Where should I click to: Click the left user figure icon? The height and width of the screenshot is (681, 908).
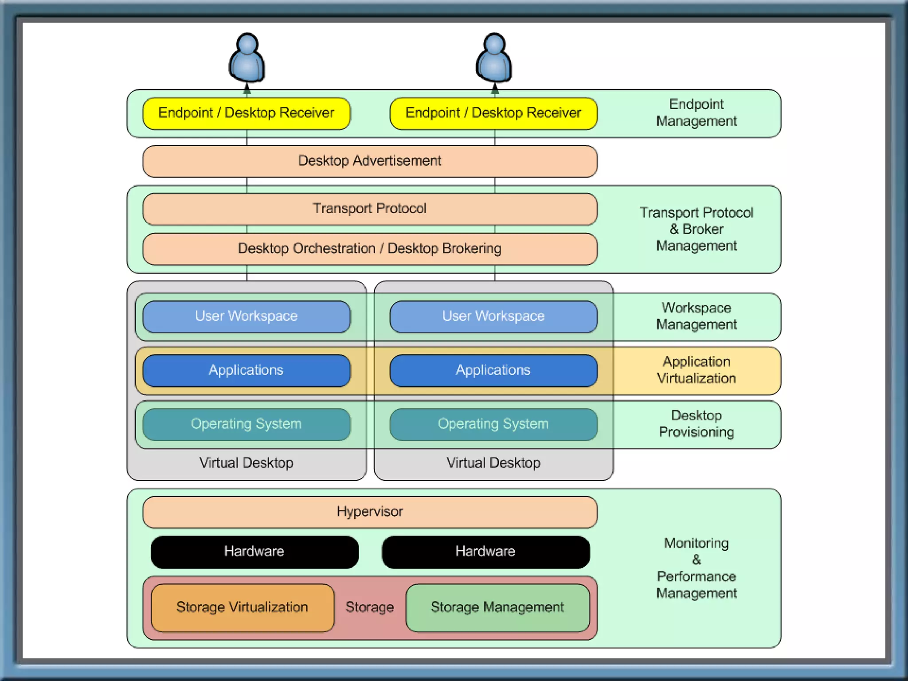(x=247, y=58)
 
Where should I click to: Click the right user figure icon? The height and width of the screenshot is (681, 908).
(x=494, y=58)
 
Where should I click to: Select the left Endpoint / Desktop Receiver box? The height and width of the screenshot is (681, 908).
(x=247, y=113)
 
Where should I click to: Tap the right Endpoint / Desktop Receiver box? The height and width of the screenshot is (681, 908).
(x=493, y=113)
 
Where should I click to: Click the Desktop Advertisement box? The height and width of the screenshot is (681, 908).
(x=370, y=161)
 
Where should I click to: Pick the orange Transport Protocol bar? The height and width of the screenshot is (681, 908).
(x=370, y=209)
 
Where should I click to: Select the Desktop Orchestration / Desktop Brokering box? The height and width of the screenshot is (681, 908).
(x=370, y=249)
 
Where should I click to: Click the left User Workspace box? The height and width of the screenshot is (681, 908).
(x=247, y=317)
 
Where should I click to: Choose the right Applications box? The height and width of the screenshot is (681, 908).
(x=493, y=370)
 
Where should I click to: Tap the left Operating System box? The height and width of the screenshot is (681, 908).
(x=247, y=424)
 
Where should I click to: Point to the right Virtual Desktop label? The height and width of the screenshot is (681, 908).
(x=493, y=463)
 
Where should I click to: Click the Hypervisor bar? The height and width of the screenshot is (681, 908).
(x=370, y=512)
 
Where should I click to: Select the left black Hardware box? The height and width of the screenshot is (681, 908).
(x=254, y=552)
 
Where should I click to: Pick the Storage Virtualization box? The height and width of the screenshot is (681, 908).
(x=243, y=607)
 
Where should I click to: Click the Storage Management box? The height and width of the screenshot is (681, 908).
(x=497, y=607)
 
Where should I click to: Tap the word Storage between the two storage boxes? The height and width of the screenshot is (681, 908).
(x=370, y=607)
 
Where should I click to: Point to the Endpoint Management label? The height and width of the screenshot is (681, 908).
(x=696, y=113)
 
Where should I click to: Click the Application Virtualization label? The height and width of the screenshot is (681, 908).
(x=696, y=370)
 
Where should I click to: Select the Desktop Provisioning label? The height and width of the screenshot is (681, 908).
(x=696, y=424)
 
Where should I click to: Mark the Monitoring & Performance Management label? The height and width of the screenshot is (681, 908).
(x=696, y=568)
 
